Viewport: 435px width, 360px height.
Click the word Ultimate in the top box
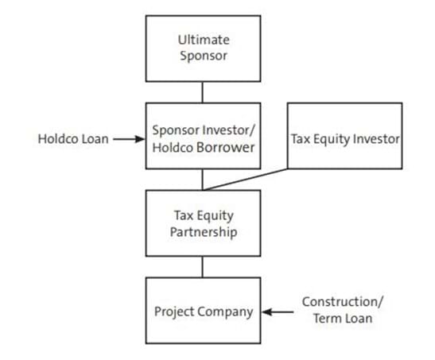pos(204,40)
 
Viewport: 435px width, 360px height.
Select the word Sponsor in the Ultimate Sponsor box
pos(204,56)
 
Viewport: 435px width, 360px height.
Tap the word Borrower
pos(225,147)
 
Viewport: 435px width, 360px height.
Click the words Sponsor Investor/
pos(204,130)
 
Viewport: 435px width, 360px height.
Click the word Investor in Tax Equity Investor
pos(376,139)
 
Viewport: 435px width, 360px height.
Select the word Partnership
pos(204,232)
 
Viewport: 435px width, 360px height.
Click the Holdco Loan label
pos(73,139)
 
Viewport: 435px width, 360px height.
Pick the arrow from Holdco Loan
pos(130,139)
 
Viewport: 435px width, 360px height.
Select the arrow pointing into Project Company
pos(278,312)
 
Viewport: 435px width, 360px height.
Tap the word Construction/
pos(343,301)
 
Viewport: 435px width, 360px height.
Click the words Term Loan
pos(343,319)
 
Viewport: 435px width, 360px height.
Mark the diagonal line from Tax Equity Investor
pos(246,180)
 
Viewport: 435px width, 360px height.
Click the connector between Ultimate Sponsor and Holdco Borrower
pos(202,92)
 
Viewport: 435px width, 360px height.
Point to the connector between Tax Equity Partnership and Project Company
pos(202,267)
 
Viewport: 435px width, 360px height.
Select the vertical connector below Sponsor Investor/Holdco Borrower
pos(202,180)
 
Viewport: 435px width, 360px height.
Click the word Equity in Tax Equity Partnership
pos(215,216)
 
